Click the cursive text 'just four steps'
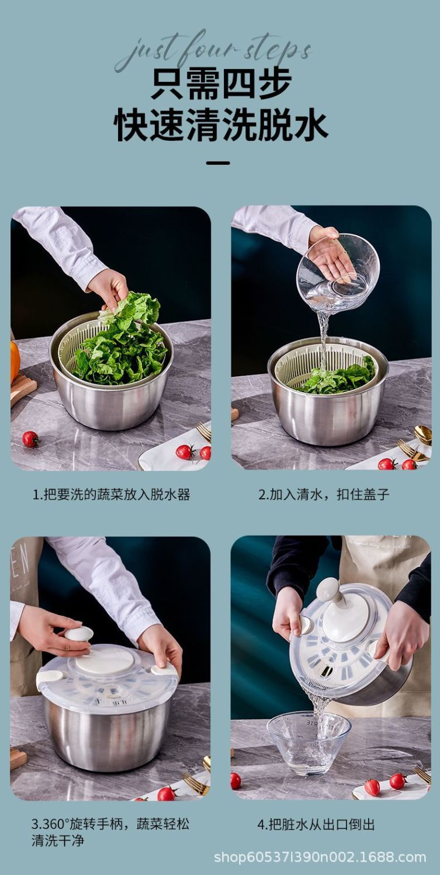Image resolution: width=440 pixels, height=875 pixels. [213, 51]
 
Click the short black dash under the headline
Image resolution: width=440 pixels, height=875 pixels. [218, 163]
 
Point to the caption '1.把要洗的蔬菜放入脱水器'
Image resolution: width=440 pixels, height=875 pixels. [111, 495]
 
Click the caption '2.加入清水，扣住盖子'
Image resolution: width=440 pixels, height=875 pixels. [324, 495]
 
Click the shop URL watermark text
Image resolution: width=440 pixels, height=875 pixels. [320, 858]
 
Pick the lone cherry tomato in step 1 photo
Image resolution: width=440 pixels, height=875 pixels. [30, 439]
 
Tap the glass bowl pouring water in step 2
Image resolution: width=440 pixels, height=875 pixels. [338, 271]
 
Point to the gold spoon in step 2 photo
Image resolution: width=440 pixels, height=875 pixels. [423, 435]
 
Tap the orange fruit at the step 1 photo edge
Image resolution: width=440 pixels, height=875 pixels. [15, 362]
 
